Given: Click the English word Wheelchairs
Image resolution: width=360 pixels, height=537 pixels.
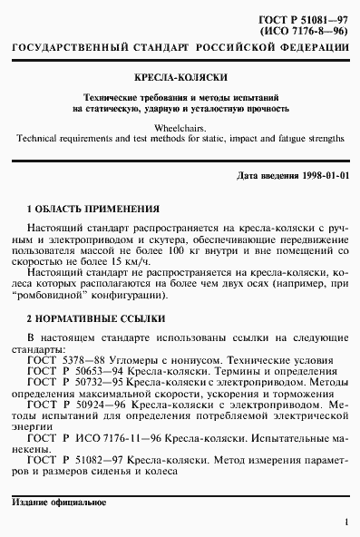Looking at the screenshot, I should [179, 128].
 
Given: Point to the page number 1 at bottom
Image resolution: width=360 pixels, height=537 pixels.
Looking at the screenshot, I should [346, 522].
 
